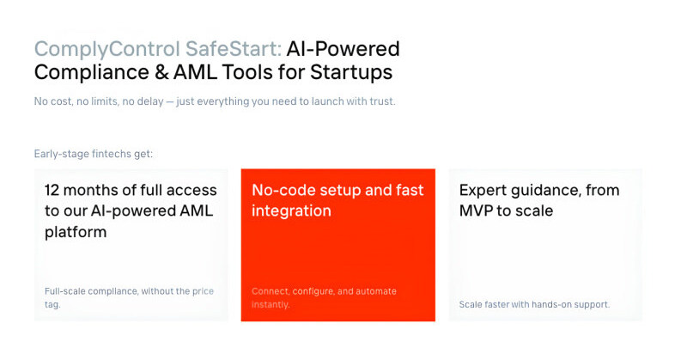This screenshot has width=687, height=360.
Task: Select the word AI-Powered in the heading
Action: pos(343,49)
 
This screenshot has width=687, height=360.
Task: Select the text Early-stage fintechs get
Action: pos(94,155)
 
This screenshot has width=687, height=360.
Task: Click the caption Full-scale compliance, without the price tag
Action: pos(129,297)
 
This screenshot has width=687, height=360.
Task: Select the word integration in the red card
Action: pos(291,211)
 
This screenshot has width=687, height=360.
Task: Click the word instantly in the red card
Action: pos(271,304)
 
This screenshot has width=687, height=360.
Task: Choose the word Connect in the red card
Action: pos(271,291)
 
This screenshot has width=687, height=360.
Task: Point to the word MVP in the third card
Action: pos(477,211)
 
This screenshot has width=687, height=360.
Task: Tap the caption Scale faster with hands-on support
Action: pos(534,304)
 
